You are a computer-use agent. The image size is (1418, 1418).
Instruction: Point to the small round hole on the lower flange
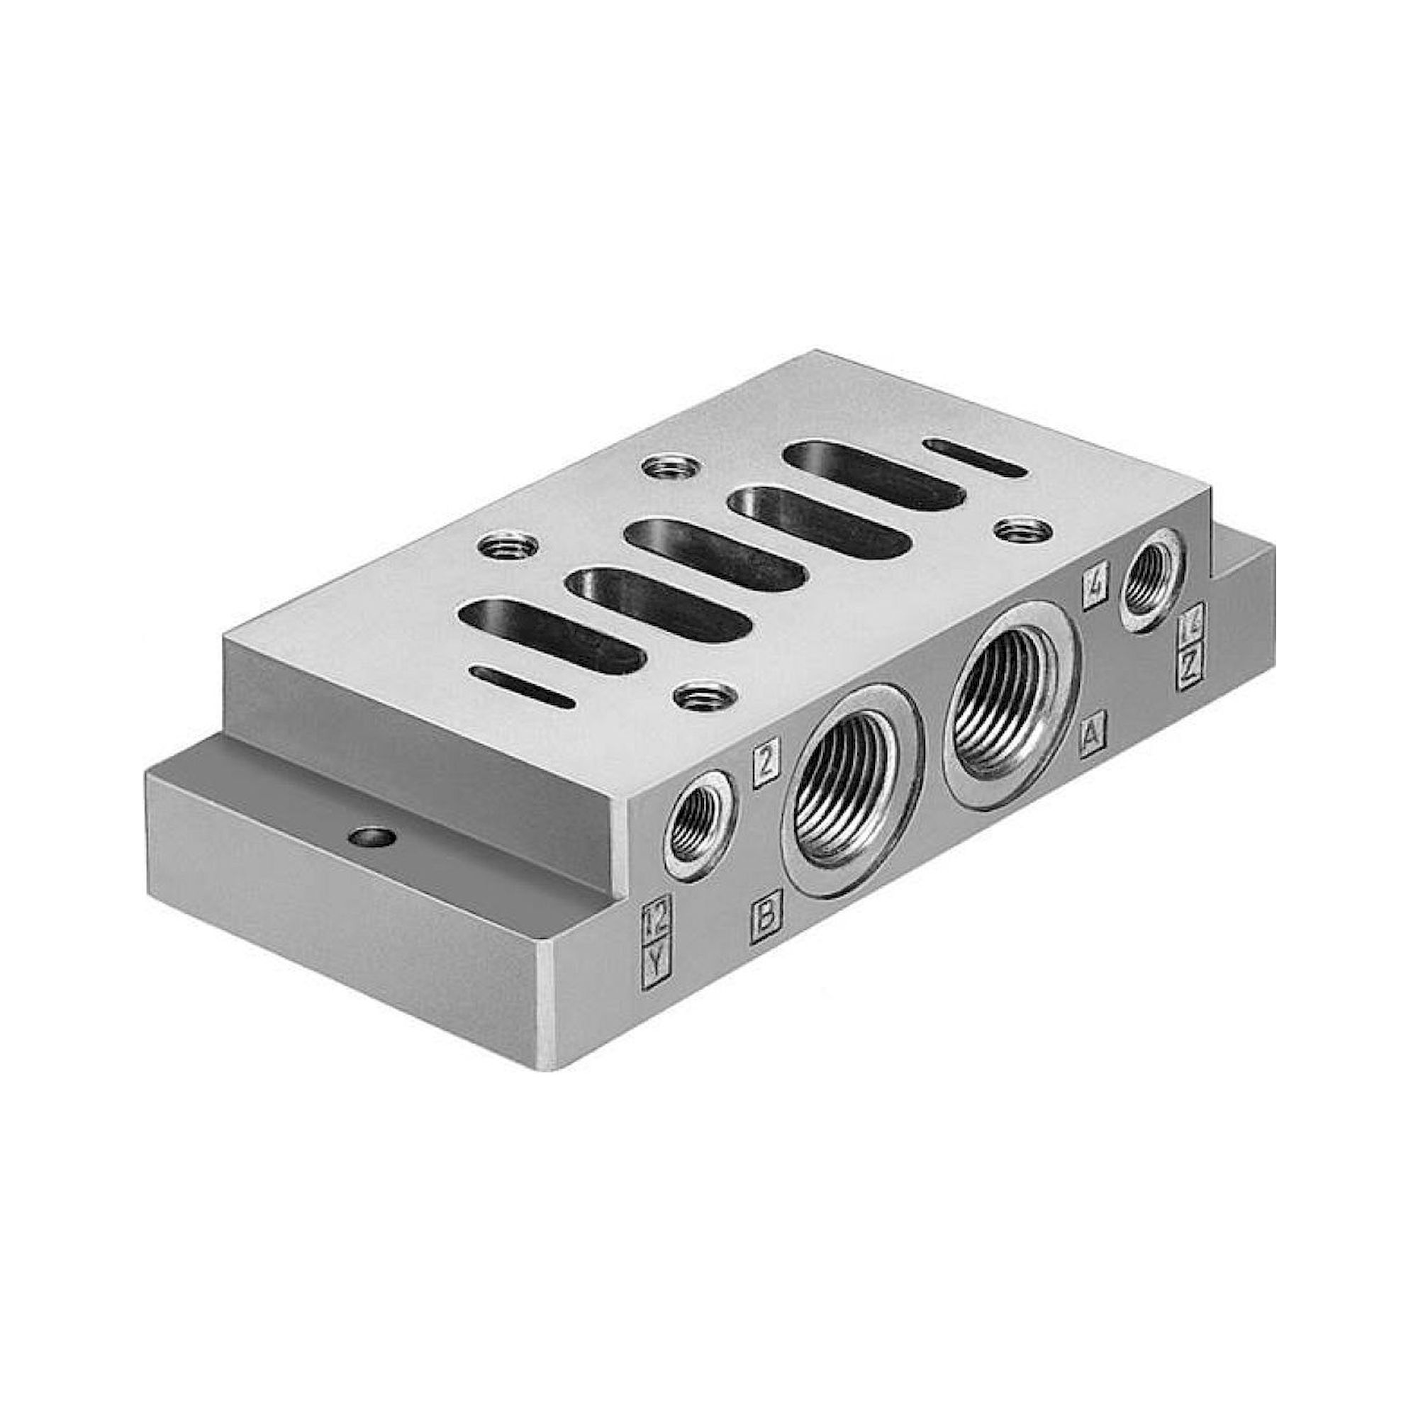[x=372, y=836]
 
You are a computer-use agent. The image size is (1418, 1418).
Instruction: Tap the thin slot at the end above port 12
[x=523, y=687]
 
